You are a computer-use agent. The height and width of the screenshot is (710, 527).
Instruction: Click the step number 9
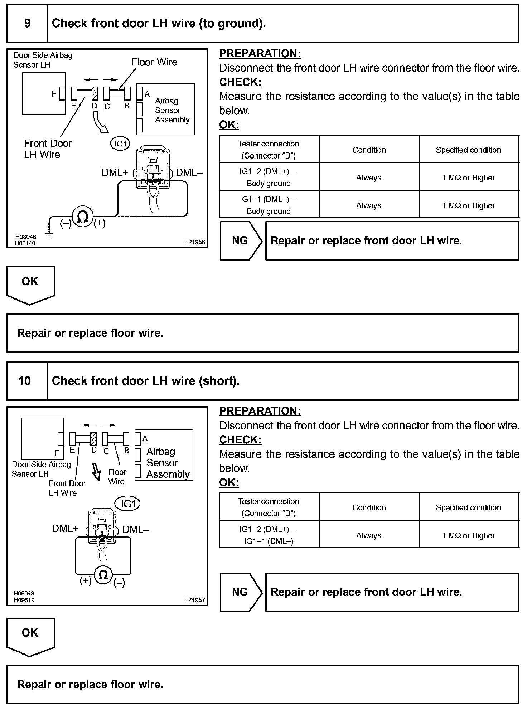pos(27,24)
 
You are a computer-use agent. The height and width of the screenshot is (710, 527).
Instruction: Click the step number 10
pos(24,381)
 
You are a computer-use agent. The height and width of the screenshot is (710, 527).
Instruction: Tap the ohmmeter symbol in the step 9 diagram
pos(83,217)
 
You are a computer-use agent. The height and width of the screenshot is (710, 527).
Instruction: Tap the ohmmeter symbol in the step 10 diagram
pos(103,575)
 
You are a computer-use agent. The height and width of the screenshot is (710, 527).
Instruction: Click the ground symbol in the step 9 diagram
pos(49,235)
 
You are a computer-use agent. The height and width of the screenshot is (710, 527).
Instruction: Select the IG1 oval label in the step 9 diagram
pos(120,144)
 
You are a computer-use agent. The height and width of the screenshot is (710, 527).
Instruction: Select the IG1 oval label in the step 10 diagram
pos(127,504)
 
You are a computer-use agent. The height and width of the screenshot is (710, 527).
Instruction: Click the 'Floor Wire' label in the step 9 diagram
pos(154,62)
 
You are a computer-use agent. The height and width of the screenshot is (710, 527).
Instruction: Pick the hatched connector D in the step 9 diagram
pos(95,94)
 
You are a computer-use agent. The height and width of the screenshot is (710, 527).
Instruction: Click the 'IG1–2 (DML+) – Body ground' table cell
pos(269,177)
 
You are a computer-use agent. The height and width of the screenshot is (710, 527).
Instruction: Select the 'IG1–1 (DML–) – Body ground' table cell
pos(269,205)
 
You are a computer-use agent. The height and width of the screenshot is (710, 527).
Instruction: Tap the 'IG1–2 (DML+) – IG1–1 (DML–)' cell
pos(269,535)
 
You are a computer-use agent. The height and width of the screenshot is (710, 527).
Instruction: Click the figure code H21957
pos(194,600)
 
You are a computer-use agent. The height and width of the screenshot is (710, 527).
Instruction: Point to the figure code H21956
pos(194,242)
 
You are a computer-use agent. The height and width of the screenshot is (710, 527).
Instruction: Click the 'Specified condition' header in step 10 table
pos(468,507)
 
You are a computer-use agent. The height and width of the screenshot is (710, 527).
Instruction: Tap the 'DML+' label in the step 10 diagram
pos(65,529)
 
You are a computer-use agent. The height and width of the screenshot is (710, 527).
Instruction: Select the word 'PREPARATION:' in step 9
pos(260,54)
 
